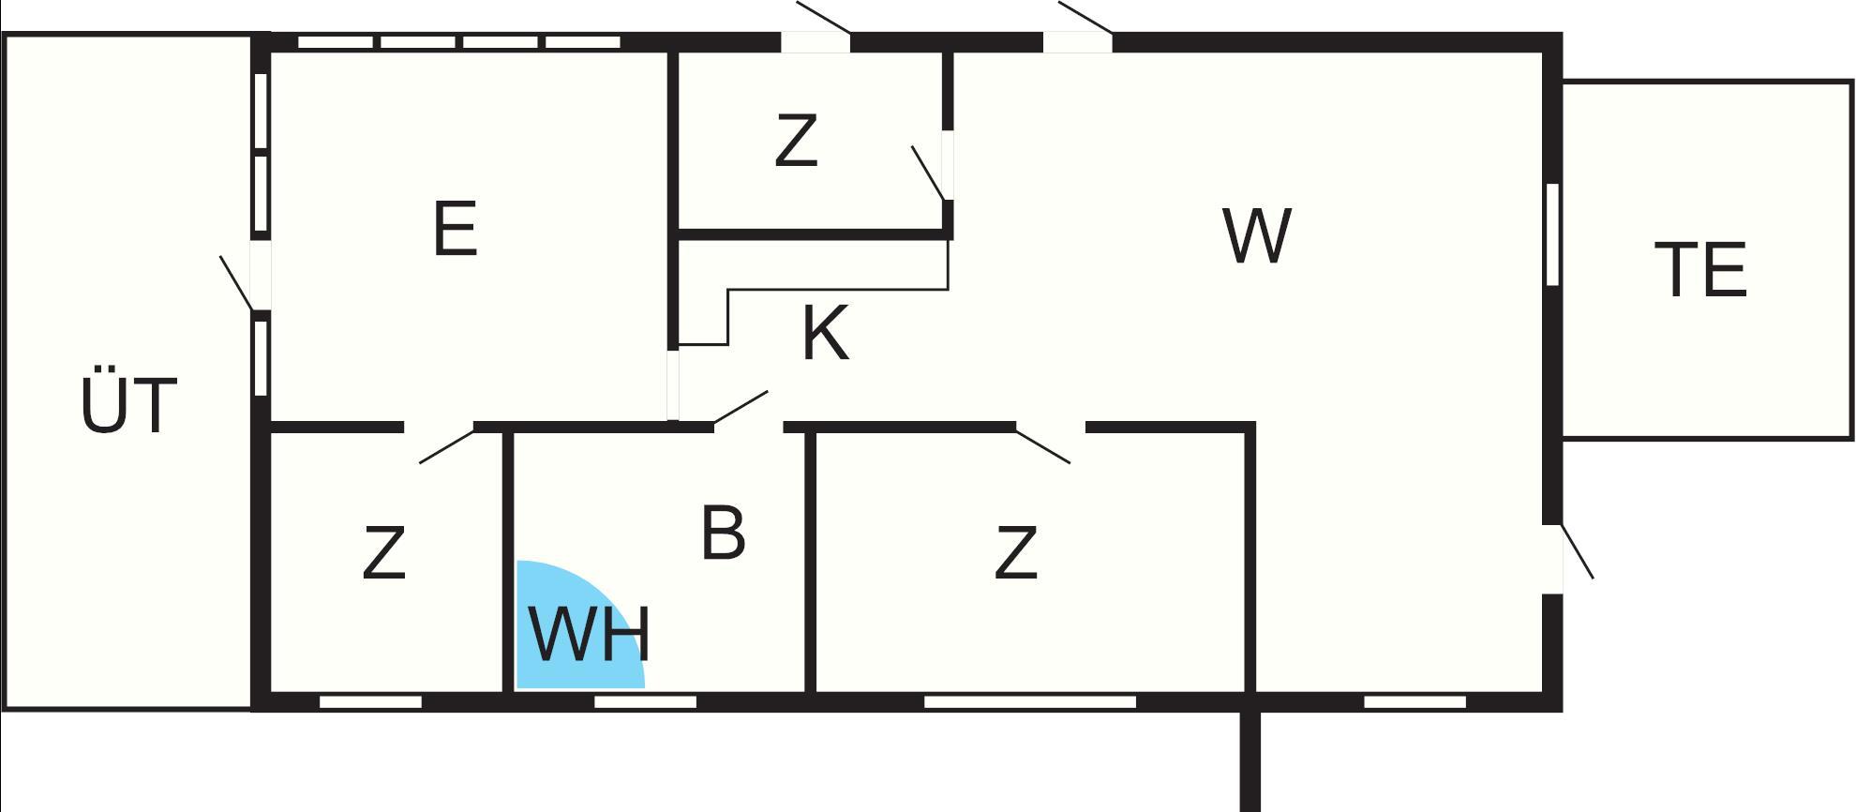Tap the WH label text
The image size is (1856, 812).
pos(590,635)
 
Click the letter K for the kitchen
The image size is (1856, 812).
pos(826,333)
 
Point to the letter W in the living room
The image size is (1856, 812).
pos(1257,235)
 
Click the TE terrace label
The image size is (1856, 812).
pos(1700,270)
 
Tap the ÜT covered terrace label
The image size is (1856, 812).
pos(128,405)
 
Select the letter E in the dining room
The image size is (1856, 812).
pos(456,228)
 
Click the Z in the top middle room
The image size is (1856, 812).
pos(796,141)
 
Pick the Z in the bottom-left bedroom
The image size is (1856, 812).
pos(383,552)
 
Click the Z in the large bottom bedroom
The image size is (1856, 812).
pos(1015,552)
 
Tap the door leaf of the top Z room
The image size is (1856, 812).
pos(928,173)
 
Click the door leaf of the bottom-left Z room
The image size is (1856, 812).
pos(447,445)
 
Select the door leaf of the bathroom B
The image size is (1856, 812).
pos(741,408)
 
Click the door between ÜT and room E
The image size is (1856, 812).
pos(236,282)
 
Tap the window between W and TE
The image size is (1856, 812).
pos(1552,234)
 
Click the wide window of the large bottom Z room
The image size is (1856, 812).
pos(1030,701)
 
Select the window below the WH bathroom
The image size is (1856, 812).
pos(646,701)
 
